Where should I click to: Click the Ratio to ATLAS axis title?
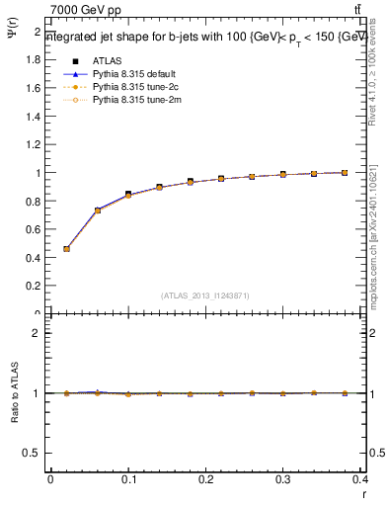[13, 395]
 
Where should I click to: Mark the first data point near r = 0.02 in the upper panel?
[66, 249]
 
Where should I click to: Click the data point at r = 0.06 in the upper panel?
[98, 210]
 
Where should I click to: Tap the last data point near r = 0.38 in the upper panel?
[345, 173]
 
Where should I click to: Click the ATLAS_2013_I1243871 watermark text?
[205, 295]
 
